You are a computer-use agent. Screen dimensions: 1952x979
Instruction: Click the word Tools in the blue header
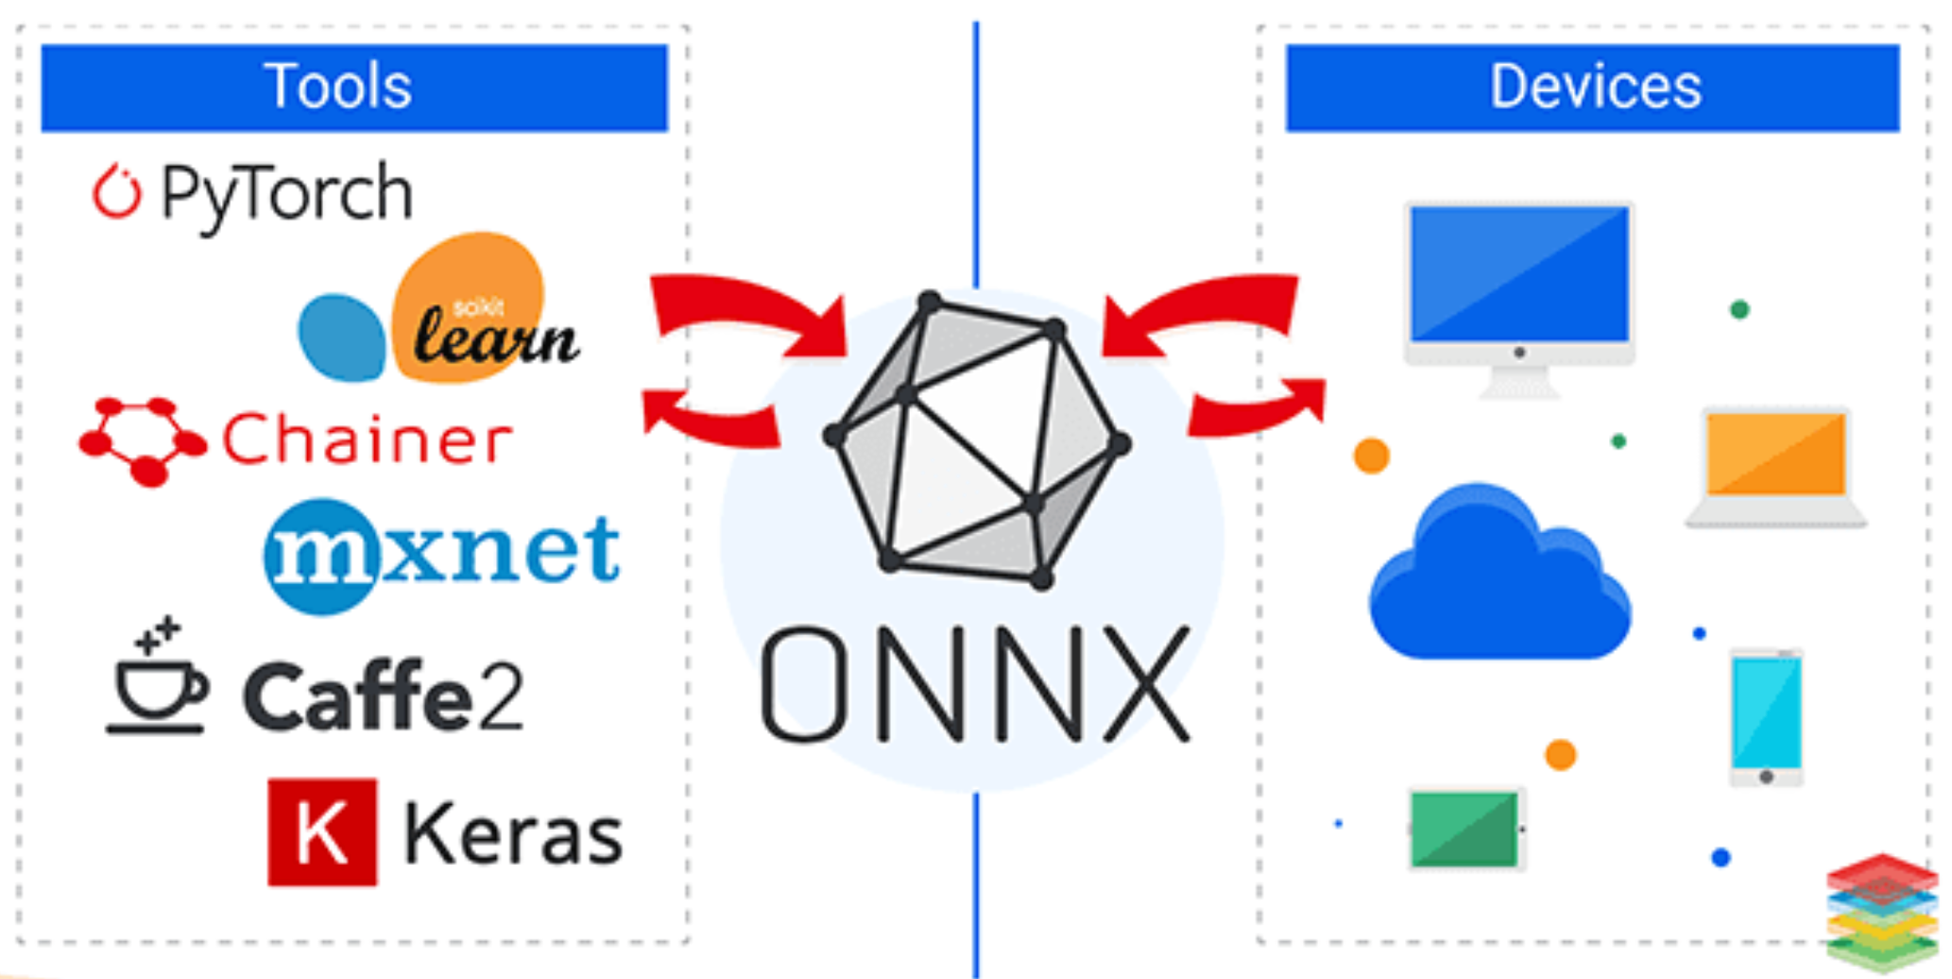337,86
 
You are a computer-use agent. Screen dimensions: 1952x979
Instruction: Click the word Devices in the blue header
1595,86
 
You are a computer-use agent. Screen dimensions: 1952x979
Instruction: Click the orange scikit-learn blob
470,304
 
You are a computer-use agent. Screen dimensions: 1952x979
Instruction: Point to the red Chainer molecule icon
142,439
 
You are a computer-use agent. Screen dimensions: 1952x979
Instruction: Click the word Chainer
367,439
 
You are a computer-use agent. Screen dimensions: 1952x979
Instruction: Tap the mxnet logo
441,553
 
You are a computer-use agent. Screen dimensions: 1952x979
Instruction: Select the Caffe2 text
383,697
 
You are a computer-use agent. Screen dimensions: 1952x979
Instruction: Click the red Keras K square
322,833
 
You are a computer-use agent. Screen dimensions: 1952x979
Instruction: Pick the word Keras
513,834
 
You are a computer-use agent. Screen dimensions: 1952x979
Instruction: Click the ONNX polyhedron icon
976,440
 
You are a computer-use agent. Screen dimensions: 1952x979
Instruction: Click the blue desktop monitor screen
1519,274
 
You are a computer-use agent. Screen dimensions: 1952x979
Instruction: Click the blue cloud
1500,576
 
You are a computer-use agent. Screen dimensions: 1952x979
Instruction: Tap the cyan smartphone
1766,713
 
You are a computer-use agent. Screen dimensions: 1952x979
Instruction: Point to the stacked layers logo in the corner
1881,912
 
